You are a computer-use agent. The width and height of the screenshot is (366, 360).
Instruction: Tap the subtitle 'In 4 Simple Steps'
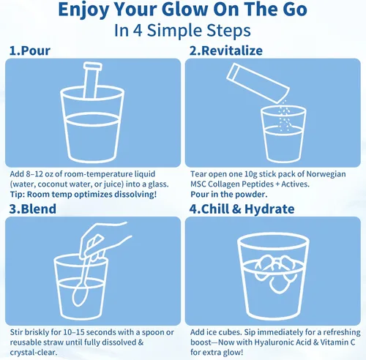coord(182,31)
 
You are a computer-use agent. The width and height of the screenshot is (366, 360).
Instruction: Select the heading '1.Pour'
coord(30,50)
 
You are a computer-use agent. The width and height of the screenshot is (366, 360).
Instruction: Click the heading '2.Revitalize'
coord(226,50)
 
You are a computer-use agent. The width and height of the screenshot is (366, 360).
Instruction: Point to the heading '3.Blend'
coord(33,209)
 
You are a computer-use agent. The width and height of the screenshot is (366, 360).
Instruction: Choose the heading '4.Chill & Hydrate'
coord(242,209)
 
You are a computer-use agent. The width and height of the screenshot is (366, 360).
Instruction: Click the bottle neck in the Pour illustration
coord(91,80)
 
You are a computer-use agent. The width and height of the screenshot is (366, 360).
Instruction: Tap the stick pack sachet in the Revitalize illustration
coord(258,83)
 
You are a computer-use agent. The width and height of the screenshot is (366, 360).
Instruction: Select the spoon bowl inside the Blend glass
coord(79,296)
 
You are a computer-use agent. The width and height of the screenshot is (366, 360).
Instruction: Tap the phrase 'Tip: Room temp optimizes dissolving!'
coord(83,195)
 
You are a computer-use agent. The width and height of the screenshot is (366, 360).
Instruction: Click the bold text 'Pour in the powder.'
coord(229,195)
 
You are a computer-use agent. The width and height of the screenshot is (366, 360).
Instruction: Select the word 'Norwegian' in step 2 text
coord(326,174)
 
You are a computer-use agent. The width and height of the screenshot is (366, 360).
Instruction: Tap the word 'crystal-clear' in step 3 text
coord(33,353)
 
